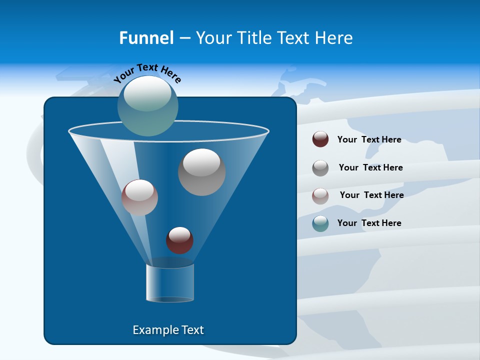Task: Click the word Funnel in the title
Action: coord(146,38)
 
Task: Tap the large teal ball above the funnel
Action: coord(148,106)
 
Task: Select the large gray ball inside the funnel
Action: coord(201,172)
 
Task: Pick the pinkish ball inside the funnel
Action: coord(139,198)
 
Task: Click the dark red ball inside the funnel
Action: coord(179,240)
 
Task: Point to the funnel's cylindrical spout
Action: coord(170,282)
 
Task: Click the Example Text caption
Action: coord(168,330)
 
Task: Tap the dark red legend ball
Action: coord(320,139)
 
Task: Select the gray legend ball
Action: coord(320,167)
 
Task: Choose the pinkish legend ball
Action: coord(320,195)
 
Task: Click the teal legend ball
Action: coord(320,223)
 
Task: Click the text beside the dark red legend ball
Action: coord(369,140)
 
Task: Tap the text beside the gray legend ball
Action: coord(370,168)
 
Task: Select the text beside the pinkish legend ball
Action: coord(371,195)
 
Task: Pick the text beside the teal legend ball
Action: coord(369,223)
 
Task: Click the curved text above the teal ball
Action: coord(147,72)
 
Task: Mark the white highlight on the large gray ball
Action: coord(201,162)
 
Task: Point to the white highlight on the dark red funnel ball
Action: coord(179,234)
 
